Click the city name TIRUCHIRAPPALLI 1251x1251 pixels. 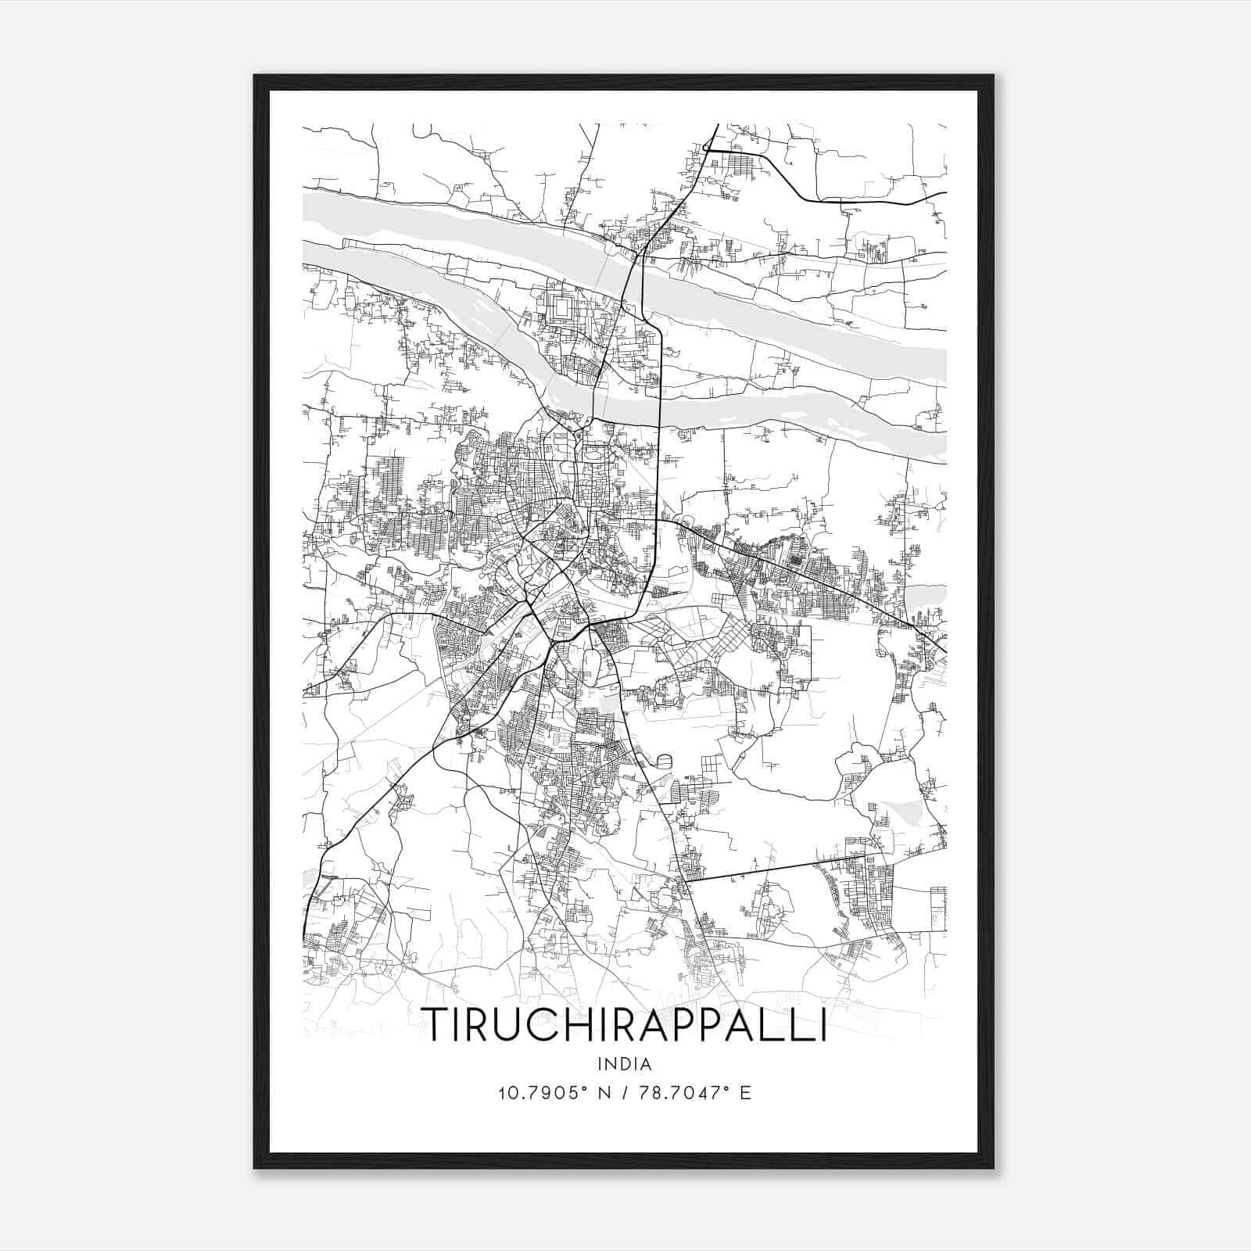624,1024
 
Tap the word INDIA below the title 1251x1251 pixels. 624,1064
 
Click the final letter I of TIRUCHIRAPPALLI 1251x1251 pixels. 822,1024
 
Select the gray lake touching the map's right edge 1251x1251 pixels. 927,599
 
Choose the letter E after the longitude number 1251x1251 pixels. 745,1093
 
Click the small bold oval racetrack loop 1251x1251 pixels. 665,760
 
